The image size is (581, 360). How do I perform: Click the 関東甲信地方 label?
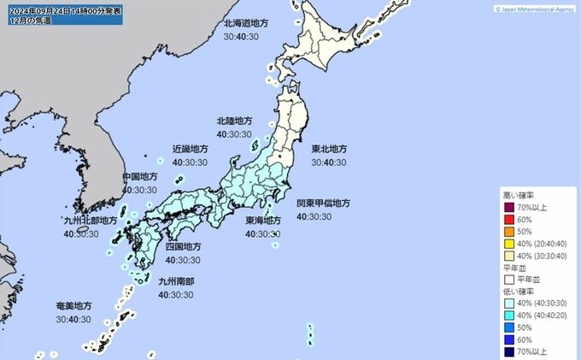point(323,204)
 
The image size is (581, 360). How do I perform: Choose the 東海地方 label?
point(263,221)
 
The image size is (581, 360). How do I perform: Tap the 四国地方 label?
point(183,246)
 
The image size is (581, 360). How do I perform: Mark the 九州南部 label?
point(178,281)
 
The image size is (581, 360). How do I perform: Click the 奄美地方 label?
point(74,306)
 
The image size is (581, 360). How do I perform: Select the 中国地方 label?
point(140,177)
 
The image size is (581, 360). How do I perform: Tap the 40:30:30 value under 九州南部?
point(178,294)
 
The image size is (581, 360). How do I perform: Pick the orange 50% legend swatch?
point(510,231)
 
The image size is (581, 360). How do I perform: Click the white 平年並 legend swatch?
point(510,278)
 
